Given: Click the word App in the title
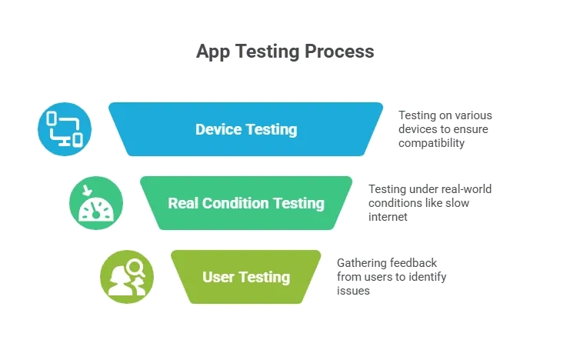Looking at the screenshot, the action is [213, 52].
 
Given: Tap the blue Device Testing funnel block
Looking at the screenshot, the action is [245, 129].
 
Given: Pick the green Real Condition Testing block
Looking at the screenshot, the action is [246, 203].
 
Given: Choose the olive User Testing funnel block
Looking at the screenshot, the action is [246, 277].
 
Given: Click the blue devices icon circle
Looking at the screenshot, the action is [65, 129].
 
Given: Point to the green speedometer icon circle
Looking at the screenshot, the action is [96, 203].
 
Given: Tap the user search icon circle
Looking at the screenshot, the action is [127, 277].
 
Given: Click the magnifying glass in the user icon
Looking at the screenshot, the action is [136, 268].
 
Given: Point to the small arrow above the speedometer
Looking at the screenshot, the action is [87, 190].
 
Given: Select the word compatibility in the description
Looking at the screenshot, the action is [432, 143].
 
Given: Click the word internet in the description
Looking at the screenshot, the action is [388, 217].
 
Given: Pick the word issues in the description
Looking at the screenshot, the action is [353, 291].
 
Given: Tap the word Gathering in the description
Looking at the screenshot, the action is [361, 263].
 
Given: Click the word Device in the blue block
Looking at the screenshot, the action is [218, 129].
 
